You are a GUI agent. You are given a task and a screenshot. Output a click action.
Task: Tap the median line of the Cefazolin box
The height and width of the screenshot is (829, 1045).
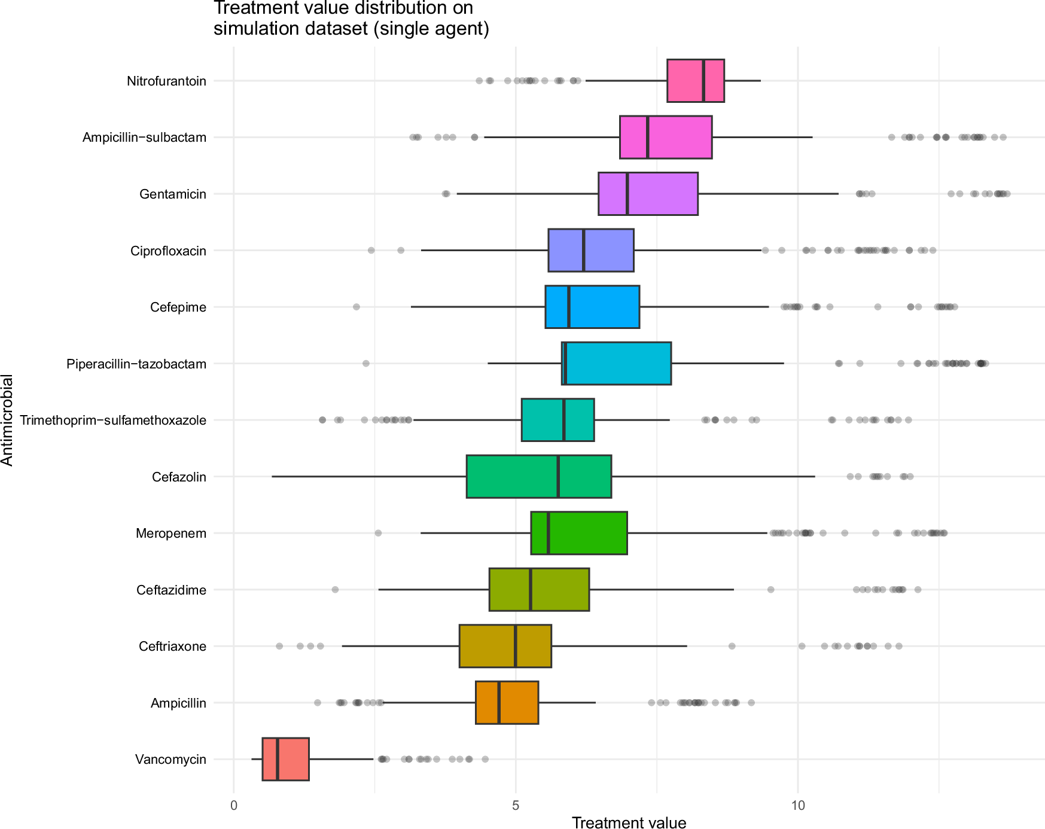558,477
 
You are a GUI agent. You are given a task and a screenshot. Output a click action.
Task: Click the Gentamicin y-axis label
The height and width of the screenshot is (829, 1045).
172,194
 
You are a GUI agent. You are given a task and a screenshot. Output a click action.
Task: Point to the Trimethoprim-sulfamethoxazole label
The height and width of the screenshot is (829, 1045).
113,420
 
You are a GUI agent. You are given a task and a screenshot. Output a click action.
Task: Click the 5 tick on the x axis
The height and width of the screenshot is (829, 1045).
516,805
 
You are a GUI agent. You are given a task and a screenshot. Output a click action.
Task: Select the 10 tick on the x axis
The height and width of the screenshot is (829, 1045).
798,805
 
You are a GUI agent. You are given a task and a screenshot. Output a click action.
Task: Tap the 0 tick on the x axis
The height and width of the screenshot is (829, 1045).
234,805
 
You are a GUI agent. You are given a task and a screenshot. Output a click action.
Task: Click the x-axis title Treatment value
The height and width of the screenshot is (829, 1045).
629,822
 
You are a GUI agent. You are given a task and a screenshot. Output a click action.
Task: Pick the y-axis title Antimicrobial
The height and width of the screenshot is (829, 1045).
7,420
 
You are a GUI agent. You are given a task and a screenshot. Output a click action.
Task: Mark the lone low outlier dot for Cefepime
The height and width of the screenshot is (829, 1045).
357,307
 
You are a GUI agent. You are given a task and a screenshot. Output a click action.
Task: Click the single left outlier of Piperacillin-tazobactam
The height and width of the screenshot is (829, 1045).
366,364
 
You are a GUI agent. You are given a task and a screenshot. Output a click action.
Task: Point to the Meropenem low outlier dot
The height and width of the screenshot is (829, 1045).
378,533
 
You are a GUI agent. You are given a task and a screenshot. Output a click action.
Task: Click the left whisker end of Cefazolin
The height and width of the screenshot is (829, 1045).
272,477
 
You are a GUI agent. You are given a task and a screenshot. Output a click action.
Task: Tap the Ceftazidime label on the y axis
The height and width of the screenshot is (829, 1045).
171,590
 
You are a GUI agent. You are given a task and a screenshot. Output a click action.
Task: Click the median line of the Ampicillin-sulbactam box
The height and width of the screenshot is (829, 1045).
647,137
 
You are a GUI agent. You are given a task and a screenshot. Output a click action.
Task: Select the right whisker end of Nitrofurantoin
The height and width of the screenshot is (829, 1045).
760,81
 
